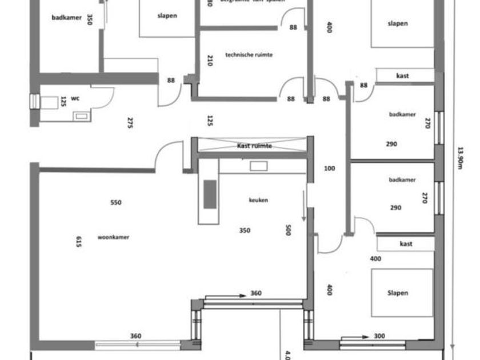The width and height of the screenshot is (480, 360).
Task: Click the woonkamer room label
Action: (113, 237)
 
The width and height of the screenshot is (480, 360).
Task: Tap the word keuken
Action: (258, 200)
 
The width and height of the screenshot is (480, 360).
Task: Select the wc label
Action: (75, 98)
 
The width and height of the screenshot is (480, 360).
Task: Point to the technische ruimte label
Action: (249, 55)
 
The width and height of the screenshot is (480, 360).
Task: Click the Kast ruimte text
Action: (254, 146)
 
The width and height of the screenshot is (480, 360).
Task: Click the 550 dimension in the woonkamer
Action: (116, 202)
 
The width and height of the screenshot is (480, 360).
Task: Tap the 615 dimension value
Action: (79, 242)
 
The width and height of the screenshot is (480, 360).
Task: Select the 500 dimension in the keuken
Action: (289, 230)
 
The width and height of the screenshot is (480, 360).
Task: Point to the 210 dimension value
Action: (210, 60)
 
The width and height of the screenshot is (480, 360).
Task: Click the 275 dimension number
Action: (130, 123)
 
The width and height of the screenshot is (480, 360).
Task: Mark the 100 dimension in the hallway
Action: (329, 169)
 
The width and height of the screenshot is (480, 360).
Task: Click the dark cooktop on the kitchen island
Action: (210, 194)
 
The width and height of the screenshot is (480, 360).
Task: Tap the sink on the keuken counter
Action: (259, 166)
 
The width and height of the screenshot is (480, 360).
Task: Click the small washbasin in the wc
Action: (81, 116)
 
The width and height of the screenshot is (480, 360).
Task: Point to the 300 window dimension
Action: (379, 336)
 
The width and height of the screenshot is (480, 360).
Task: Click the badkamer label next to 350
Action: (66, 18)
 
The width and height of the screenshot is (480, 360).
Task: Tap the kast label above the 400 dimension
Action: (406, 244)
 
